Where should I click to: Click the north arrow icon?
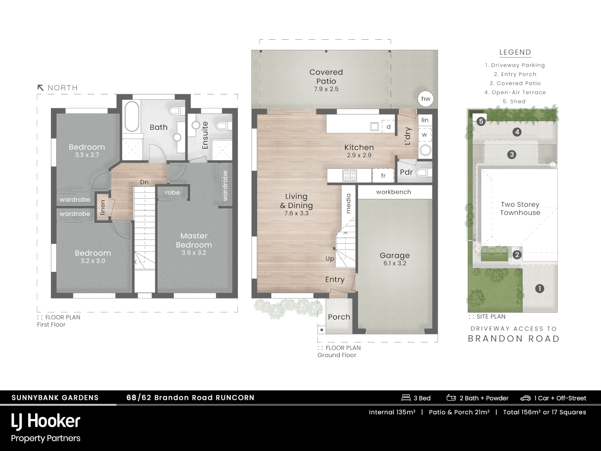click(x=40, y=88)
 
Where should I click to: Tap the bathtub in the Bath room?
click(x=132, y=116)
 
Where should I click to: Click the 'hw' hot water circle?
click(x=426, y=99)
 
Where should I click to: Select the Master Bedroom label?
click(x=194, y=241)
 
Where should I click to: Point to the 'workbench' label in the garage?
click(x=394, y=192)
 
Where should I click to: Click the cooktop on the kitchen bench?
click(x=349, y=176)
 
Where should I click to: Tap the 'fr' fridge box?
click(x=383, y=176)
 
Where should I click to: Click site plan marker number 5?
click(x=481, y=122)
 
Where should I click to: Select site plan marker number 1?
click(x=540, y=289)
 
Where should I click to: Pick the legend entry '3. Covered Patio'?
click(x=515, y=84)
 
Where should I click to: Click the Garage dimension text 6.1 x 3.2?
click(x=395, y=264)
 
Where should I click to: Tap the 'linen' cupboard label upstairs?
click(x=103, y=208)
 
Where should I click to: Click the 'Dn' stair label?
click(x=144, y=182)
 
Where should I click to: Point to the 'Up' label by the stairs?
click(x=330, y=258)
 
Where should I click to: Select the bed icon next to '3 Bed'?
click(x=406, y=398)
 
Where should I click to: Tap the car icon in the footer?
click(x=525, y=398)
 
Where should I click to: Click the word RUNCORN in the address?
click(x=235, y=398)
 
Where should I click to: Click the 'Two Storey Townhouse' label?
click(x=520, y=208)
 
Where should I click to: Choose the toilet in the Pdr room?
click(x=423, y=172)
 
